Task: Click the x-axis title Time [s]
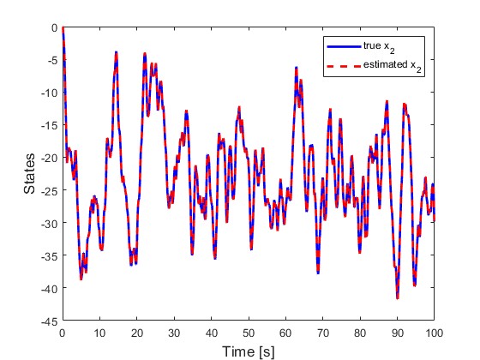(x=249, y=350)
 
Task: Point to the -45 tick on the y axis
(x=51, y=321)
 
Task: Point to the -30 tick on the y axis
(x=51, y=223)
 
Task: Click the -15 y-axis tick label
(x=51, y=125)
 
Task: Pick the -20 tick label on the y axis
(x=51, y=158)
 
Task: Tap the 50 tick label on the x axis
(x=249, y=333)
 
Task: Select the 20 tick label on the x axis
(x=137, y=333)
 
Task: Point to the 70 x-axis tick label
(x=323, y=333)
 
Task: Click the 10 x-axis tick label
(x=100, y=333)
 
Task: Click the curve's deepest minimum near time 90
(x=398, y=297)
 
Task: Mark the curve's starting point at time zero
(x=63, y=27)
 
